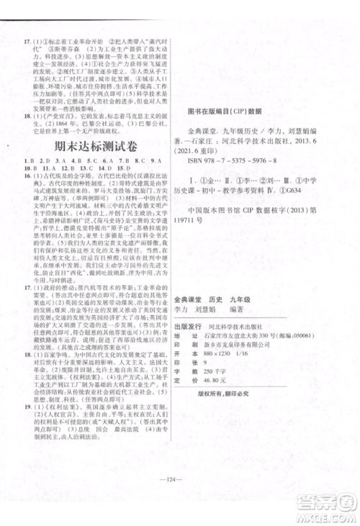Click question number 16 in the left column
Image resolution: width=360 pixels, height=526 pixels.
[27, 175]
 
